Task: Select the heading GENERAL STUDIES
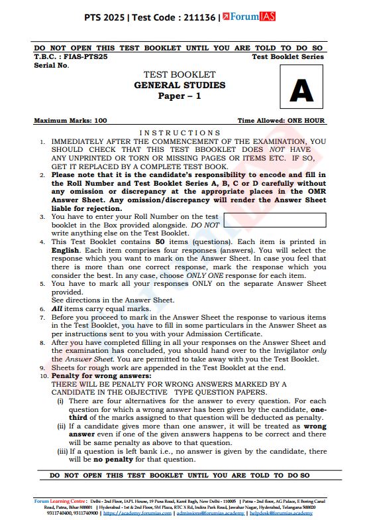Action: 180,85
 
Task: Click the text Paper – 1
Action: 180,96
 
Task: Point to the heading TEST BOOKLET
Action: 180,74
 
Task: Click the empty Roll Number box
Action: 275,220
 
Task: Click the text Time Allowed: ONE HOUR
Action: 282,121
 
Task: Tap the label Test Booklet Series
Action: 288,57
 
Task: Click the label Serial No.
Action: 51,65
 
